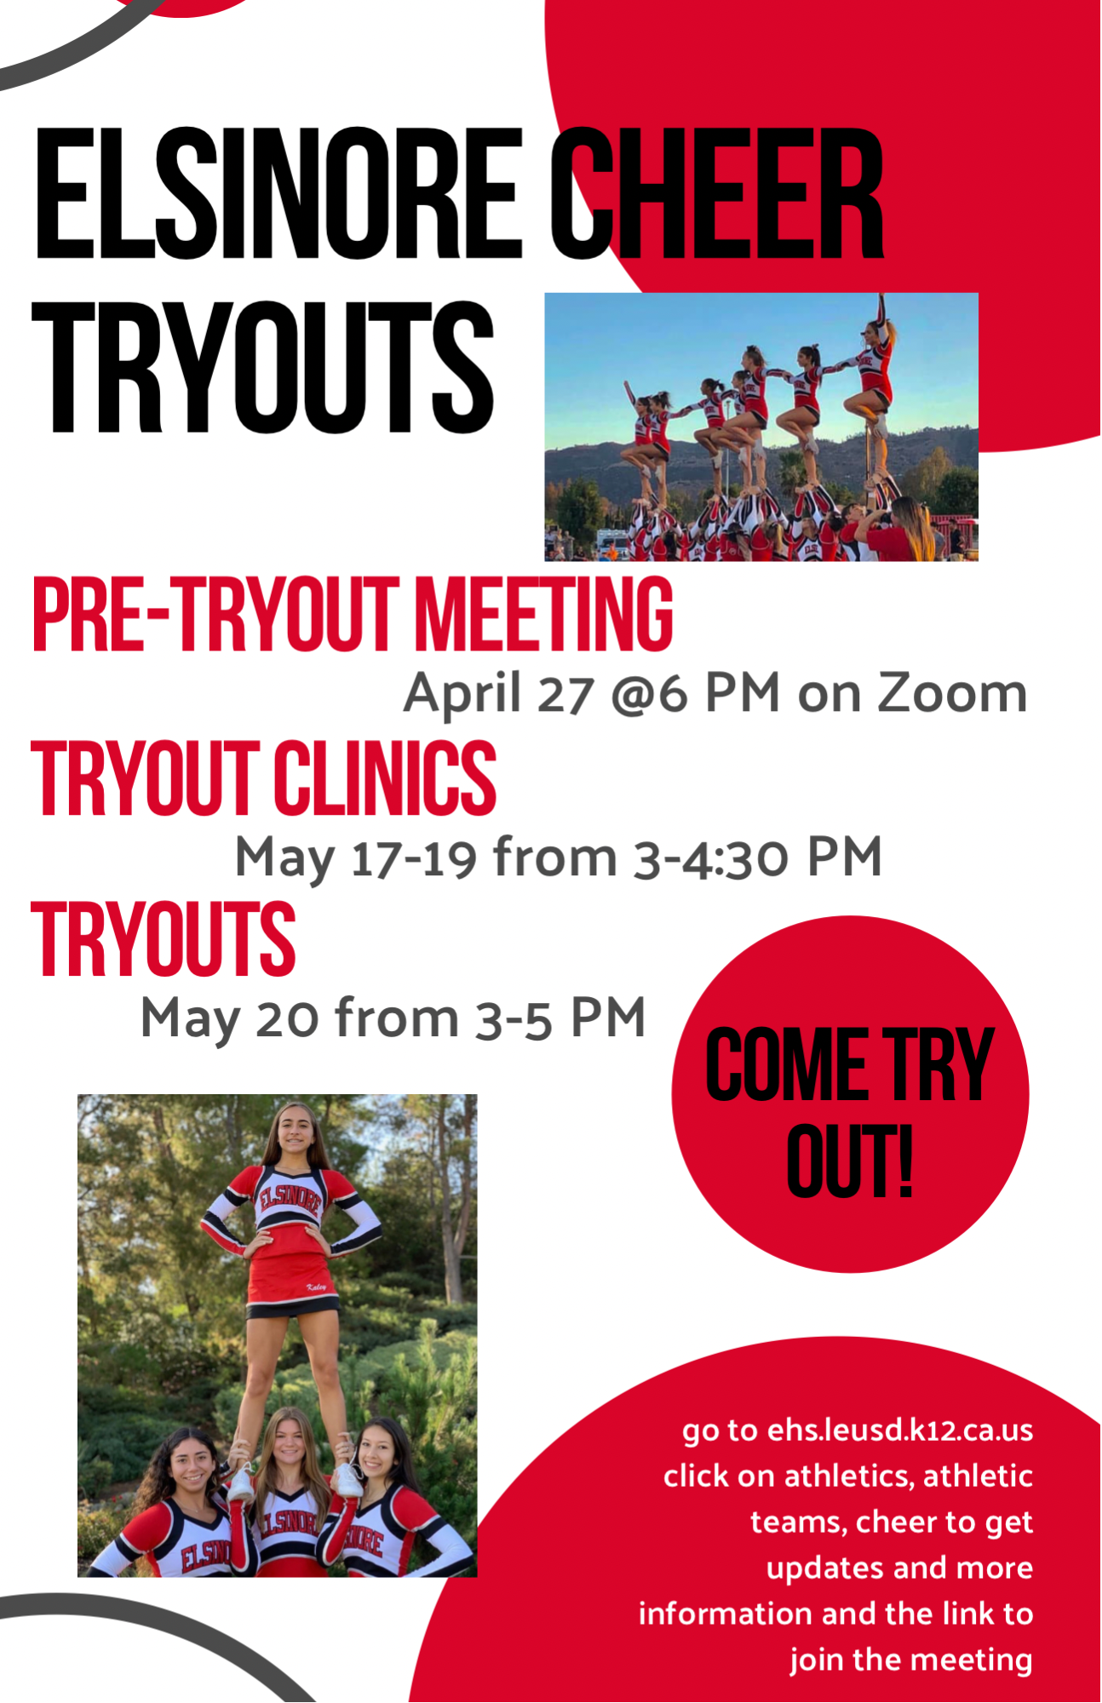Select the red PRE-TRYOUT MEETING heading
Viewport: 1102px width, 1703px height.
point(353,615)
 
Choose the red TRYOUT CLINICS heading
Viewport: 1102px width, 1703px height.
point(264,777)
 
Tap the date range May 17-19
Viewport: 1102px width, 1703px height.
point(355,857)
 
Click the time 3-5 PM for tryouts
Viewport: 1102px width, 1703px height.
point(560,1018)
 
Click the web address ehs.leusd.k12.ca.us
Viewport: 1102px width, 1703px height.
point(900,1430)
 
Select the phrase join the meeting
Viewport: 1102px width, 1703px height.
point(911,1660)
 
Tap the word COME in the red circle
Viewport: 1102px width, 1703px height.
point(785,1064)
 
